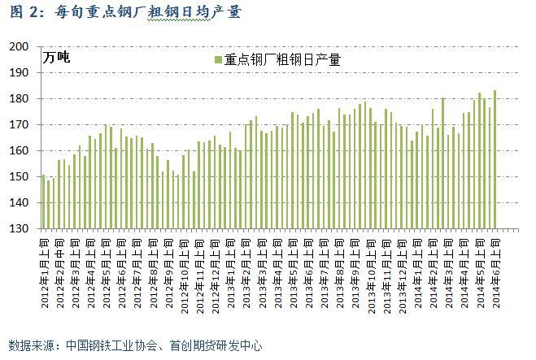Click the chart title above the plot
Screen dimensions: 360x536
[122, 11]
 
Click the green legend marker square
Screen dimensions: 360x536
[218, 59]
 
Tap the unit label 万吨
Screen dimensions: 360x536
[57, 57]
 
